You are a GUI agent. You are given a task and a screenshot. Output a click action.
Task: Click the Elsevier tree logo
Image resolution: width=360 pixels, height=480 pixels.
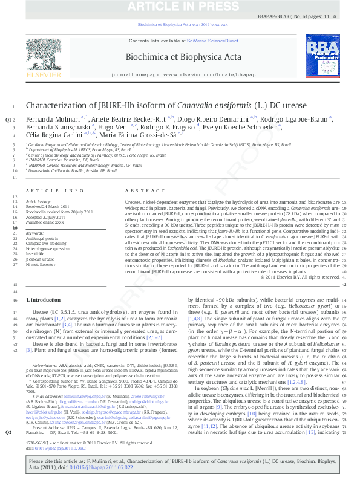(x=43, y=57)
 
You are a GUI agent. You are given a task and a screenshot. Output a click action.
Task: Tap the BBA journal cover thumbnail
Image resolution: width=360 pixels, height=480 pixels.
(x=324, y=59)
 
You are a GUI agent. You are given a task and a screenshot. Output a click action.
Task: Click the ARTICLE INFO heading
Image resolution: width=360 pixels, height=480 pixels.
(x=55, y=191)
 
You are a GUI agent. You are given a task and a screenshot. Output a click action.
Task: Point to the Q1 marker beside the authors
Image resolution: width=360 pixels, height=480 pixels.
(x=8, y=120)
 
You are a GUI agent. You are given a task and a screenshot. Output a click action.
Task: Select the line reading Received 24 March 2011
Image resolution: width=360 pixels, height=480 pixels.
(x=49, y=207)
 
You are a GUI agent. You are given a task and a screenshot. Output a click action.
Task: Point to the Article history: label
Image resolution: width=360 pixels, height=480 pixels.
(x=38, y=201)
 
